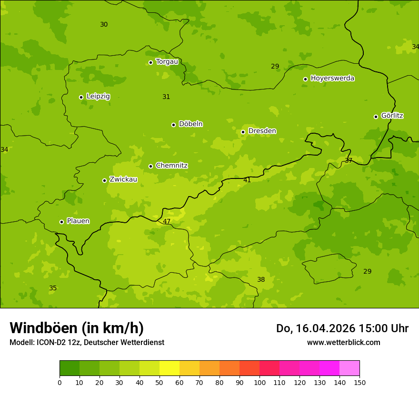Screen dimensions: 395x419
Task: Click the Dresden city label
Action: pyautogui.click(x=262, y=131)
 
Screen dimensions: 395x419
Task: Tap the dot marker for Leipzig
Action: pyautogui.click(x=81, y=97)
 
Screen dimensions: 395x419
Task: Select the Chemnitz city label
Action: pyautogui.click(x=171, y=166)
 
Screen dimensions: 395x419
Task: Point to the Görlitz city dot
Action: pyautogui.click(x=376, y=117)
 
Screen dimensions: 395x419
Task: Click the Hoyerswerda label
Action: pyautogui.click(x=332, y=78)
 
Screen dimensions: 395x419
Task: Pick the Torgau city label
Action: pyautogui.click(x=167, y=61)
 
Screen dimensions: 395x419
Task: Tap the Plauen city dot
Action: pyautogui.click(x=61, y=222)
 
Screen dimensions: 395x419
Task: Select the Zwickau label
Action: pyautogui.click(x=123, y=179)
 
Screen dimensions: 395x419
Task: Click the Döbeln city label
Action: pyautogui.click(x=190, y=124)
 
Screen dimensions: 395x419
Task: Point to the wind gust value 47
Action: pyautogui.click(x=167, y=222)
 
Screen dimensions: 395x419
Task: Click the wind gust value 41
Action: pyautogui.click(x=247, y=180)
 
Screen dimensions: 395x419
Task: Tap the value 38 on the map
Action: pyautogui.click(x=261, y=279)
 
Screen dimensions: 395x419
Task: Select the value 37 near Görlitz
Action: pyautogui.click(x=349, y=160)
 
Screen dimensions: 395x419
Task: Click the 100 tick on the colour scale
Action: pyautogui.click(x=259, y=382)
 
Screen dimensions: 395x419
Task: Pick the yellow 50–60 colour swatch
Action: pyautogui.click(x=170, y=368)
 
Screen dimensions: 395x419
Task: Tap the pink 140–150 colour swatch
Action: pyautogui.click(x=349, y=368)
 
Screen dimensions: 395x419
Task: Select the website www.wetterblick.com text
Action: pyautogui.click(x=343, y=342)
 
